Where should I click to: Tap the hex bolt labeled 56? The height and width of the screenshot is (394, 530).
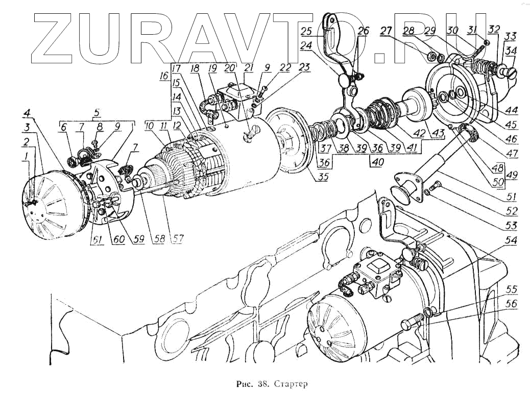(410, 324)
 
